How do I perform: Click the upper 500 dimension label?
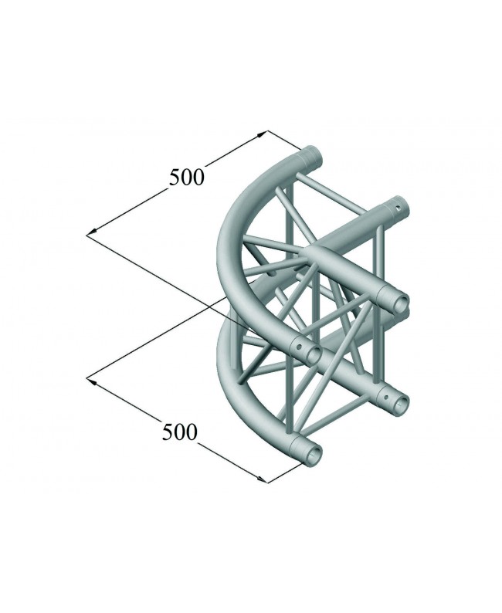(187, 177)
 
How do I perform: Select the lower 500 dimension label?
(180, 432)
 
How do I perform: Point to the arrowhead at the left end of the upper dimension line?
(90, 231)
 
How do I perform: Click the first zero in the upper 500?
(188, 177)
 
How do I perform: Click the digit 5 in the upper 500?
(175, 178)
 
